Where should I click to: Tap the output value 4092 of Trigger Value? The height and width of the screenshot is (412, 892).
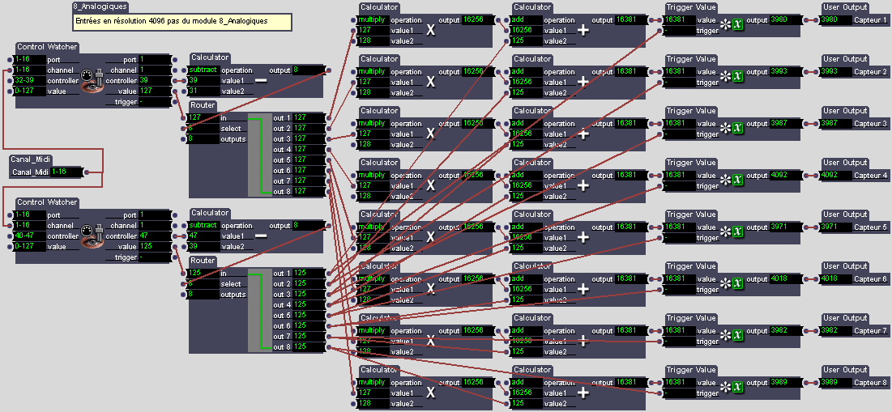point(783,176)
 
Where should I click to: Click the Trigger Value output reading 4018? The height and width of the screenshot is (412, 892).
point(783,279)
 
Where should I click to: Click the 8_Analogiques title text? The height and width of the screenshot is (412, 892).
point(94,6)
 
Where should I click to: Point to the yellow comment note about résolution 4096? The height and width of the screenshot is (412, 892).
point(181,20)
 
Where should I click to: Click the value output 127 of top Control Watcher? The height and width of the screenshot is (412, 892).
point(155,91)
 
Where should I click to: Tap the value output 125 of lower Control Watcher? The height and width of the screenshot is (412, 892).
point(155,246)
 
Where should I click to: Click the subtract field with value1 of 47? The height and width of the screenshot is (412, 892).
point(203,226)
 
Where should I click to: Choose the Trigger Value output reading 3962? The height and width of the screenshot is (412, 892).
point(783,331)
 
